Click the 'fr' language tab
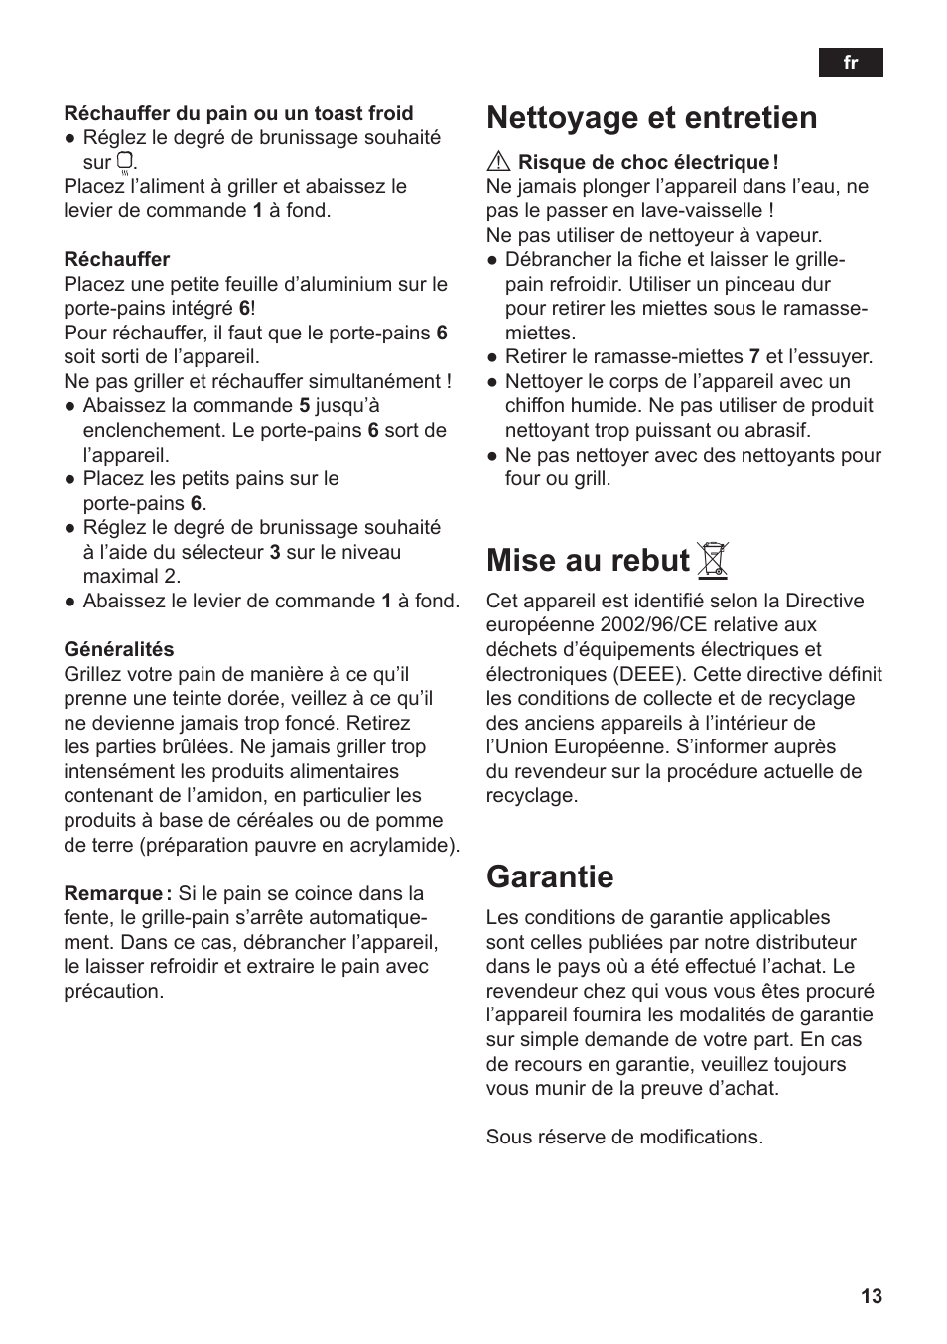click(x=850, y=63)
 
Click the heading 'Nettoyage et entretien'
click(x=651, y=118)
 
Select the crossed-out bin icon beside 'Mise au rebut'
click(x=713, y=561)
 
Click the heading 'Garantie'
click(x=550, y=876)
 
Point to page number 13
click(x=871, y=1296)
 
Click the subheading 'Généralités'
click(x=119, y=649)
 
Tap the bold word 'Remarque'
click(x=113, y=893)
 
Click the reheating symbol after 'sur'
click(x=124, y=162)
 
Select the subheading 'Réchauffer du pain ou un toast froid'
click(x=238, y=113)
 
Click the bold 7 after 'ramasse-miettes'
click(x=754, y=356)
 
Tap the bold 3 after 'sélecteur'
click(x=275, y=552)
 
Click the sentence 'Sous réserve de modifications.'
click(x=624, y=1137)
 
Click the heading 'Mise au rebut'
click(x=588, y=561)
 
